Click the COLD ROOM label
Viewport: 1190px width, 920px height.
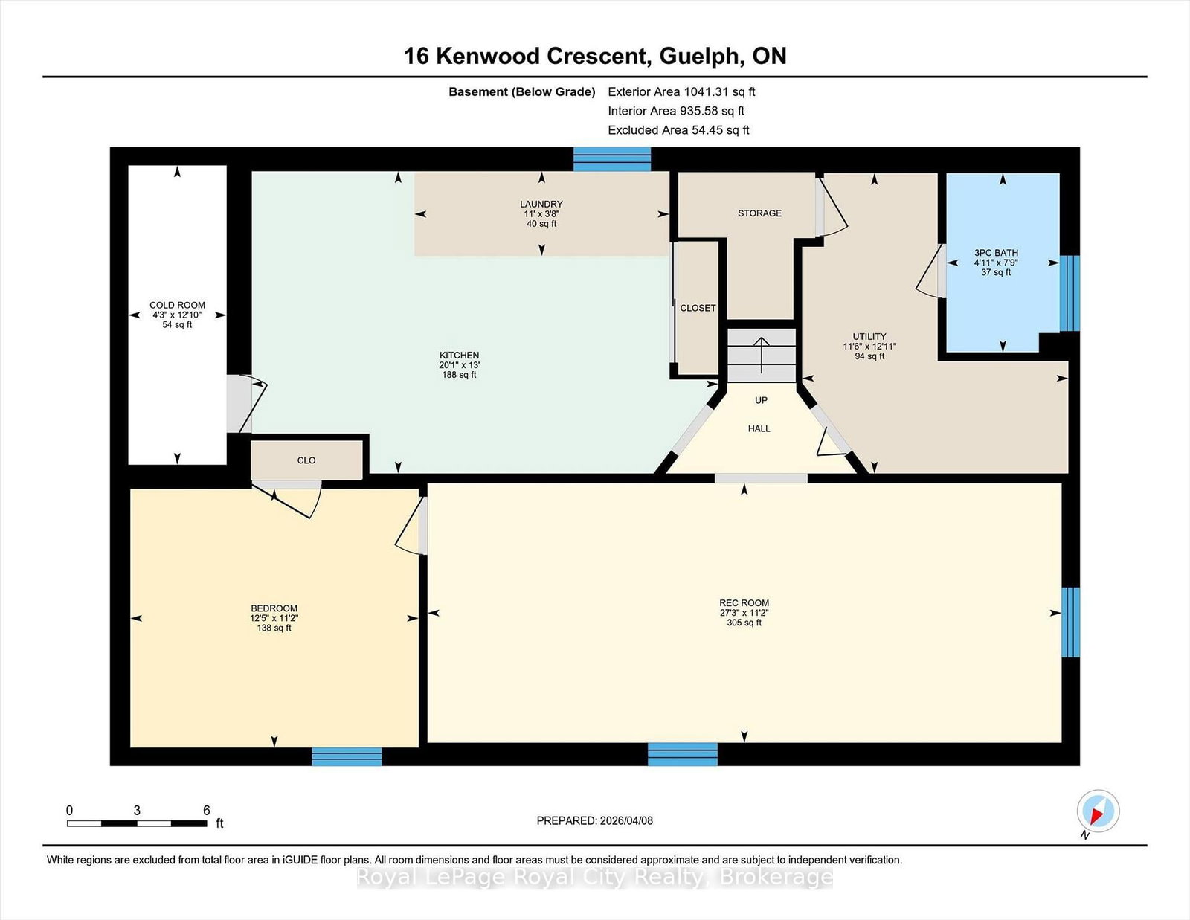177,305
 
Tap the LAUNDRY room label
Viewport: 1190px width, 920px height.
541,204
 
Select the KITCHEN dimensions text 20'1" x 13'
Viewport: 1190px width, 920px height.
459,365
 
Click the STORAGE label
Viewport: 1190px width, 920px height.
759,213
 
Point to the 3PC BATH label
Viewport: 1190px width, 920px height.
996,253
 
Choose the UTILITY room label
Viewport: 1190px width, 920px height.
869,336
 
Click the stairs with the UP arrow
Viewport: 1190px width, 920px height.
761,355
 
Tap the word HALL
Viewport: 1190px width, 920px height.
759,428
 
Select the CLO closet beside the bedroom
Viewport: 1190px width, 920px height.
306,460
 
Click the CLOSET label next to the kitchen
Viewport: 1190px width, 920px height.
698,308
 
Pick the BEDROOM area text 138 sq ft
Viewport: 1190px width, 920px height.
274,628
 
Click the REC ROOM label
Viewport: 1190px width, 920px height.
744,603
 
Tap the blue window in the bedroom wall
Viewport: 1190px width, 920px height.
347,756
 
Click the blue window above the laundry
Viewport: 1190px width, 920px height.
612,159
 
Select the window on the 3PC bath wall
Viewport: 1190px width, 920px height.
1069,293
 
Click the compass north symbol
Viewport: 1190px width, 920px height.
1098,811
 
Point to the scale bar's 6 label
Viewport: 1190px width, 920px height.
207,810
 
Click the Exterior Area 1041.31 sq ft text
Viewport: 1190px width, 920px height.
681,92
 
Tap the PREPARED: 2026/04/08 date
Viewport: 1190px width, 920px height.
594,820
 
